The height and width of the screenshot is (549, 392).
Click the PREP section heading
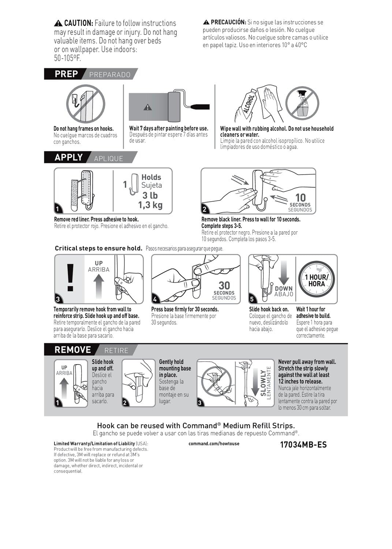[66, 74]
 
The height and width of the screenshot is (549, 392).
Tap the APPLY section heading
[68, 157]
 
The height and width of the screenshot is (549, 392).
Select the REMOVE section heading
[72, 350]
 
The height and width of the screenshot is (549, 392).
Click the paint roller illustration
[174, 107]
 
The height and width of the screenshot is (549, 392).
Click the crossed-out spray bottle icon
[302, 103]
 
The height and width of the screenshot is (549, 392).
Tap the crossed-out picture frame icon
[85, 104]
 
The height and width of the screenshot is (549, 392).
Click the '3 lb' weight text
[150, 195]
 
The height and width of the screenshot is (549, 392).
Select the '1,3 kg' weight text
[150, 205]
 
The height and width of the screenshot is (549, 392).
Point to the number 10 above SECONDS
[300, 198]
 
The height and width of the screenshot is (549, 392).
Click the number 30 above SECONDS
[224, 285]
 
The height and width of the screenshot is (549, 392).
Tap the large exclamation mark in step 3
[71, 277]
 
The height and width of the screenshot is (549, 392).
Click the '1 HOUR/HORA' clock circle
[317, 280]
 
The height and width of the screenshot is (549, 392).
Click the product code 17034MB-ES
[303, 445]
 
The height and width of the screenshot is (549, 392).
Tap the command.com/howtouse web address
[214, 444]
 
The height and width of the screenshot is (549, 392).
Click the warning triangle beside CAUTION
[58, 23]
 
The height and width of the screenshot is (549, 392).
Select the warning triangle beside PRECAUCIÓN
[206, 22]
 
